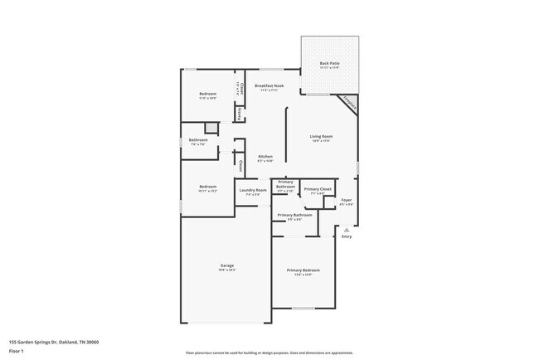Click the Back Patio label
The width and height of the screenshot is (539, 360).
(x=329, y=63)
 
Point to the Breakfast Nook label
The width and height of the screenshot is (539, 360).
(x=270, y=86)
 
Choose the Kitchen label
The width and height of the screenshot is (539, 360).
(x=265, y=157)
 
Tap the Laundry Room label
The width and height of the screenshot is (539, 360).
(x=253, y=190)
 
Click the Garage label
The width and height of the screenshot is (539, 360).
(x=226, y=265)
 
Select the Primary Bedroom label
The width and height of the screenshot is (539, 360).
(x=303, y=270)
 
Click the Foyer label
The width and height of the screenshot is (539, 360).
(x=347, y=200)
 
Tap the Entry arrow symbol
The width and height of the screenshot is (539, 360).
(x=347, y=230)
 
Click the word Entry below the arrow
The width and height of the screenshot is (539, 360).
(x=347, y=237)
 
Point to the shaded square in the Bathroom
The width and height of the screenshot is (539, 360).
(x=211, y=127)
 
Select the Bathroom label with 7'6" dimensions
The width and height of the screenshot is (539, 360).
(x=197, y=140)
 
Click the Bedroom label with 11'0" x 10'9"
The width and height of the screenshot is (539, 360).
(x=207, y=94)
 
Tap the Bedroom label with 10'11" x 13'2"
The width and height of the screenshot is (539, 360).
(x=207, y=187)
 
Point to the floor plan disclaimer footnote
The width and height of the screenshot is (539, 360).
(x=269, y=353)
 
